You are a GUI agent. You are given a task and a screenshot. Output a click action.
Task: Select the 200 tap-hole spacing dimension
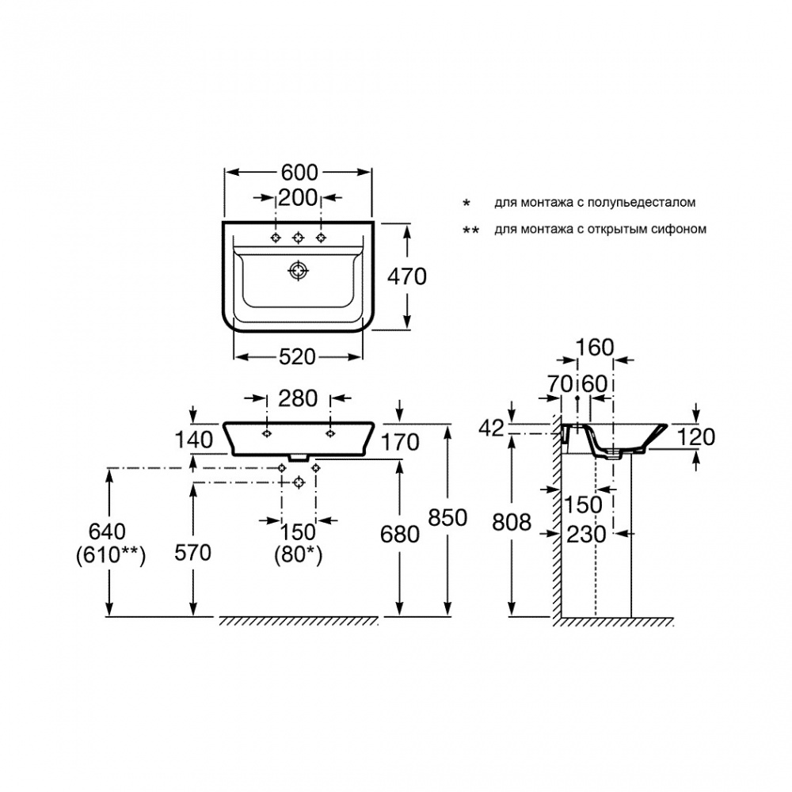pos(299,197)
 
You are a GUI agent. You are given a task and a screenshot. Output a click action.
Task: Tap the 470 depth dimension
pos(407,276)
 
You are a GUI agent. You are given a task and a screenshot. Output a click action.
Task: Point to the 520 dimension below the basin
pos(298,357)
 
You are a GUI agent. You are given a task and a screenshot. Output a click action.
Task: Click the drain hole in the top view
pos(298,271)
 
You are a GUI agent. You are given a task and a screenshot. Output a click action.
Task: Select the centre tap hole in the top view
pos(299,238)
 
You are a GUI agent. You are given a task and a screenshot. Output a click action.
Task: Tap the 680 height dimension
pos(400,534)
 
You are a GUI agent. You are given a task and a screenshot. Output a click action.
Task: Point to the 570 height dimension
pos(192,553)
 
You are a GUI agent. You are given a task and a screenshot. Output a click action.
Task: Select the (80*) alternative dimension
pos(299,556)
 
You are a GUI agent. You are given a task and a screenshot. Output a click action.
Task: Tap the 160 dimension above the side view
pos(595,348)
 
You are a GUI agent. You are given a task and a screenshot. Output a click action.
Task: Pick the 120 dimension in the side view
pos(697,436)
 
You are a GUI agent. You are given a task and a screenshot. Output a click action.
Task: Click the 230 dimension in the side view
pos(586,534)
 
